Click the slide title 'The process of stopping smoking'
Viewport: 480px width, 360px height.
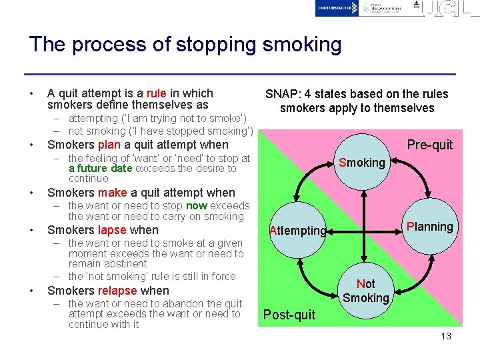point(185,45)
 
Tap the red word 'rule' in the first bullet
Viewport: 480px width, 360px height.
point(156,93)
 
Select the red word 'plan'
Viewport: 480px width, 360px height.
point(109,145)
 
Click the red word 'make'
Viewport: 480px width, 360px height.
point(113,193)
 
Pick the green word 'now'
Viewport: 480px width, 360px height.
point(196,206)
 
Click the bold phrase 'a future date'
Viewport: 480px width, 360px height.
point(100,169)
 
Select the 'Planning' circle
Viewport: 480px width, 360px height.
point(429,227)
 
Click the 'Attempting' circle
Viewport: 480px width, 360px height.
point(297,231)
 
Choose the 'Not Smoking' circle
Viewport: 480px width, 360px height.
point(365,290)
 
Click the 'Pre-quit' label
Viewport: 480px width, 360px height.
point(429,145)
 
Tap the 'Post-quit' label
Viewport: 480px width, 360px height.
point(289,315)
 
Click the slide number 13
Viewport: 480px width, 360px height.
point(446,336)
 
